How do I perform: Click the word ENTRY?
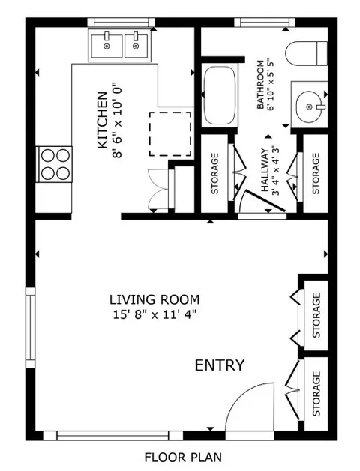pos(219,365)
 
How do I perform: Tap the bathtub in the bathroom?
pos(218,95)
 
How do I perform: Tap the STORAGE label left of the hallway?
pos(215,174)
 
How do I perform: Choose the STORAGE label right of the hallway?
pos(316,174)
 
